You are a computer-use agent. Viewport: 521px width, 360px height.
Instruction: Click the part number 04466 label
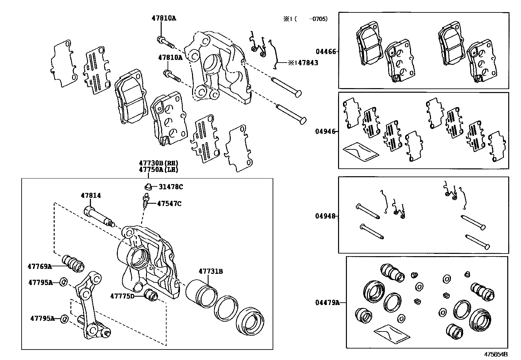click(326, 52)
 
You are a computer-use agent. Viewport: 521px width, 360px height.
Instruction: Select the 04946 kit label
click(325, 131)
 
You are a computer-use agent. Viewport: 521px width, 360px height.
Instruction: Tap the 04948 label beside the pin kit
click(325, 216)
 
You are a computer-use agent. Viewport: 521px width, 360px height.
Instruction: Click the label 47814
click(91, 195)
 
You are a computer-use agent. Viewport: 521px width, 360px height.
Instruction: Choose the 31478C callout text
click(171, 187)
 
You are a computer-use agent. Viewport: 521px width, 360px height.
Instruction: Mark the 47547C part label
click(169, 203)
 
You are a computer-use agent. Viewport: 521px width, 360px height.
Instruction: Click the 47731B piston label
click(211, 271)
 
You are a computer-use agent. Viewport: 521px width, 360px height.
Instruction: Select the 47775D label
click(122, 296)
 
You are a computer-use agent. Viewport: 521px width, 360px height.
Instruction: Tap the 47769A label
click(40, 266)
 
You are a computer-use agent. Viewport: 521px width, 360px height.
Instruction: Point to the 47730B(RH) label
click(159, 163)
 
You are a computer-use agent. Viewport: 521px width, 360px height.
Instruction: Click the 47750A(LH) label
click(159, 170)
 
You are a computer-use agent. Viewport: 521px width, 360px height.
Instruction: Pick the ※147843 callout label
click(303, 63)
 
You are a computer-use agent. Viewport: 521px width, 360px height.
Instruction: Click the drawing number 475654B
click(496, 354)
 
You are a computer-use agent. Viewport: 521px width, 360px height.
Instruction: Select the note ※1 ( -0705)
click(305, 19)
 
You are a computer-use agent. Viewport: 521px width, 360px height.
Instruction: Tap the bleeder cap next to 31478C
click(148, 186)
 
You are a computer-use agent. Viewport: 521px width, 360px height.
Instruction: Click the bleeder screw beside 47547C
click(146, 201)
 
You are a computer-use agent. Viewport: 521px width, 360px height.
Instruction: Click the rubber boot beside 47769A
click(73, 264)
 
